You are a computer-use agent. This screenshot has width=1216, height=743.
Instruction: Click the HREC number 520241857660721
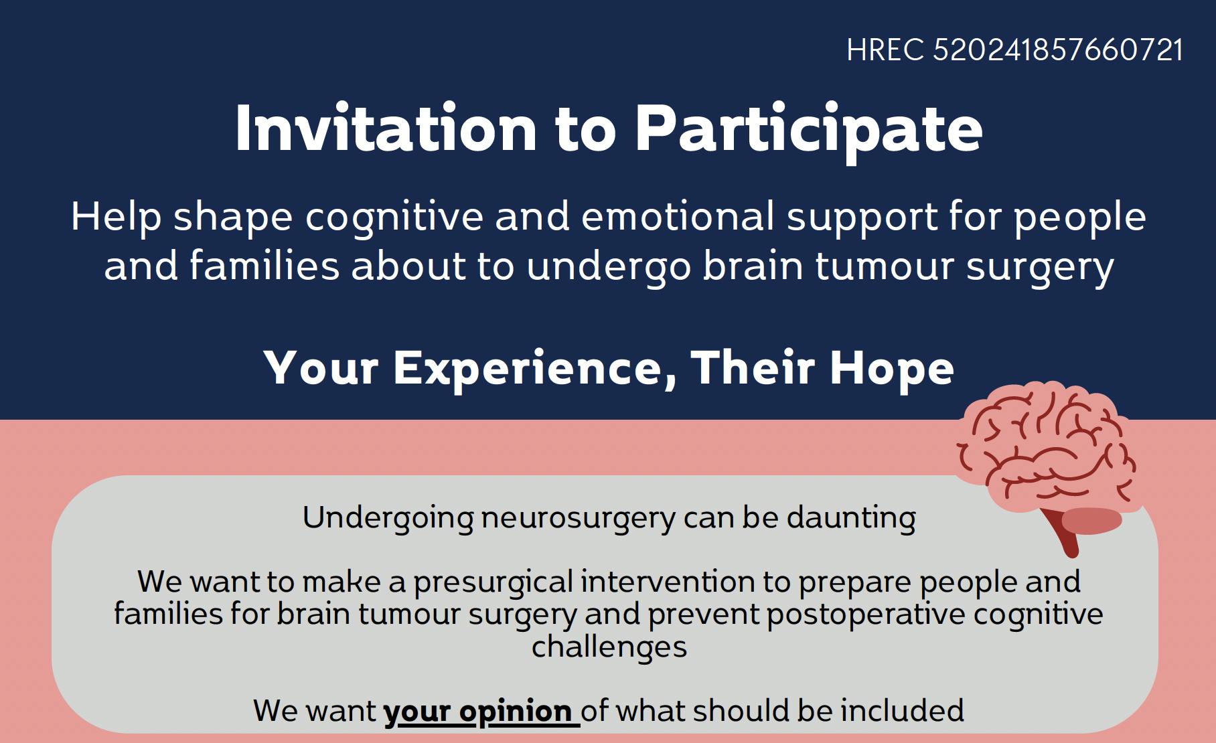coord(1058,50)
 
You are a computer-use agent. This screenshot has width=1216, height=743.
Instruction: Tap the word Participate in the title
coord(808,129)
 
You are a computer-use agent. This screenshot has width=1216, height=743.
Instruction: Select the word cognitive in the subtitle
coord(394,218)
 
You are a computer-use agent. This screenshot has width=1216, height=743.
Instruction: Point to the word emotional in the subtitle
coord(678,216)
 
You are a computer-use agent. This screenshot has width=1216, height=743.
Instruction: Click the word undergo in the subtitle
coord(609,266)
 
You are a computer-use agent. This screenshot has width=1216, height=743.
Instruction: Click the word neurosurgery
coord(579,518)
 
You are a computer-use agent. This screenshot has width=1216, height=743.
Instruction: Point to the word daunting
coord(851,518)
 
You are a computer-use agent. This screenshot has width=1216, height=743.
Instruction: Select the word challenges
coord(609,647)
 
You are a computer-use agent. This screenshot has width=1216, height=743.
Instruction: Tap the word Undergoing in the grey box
coord(388,518)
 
